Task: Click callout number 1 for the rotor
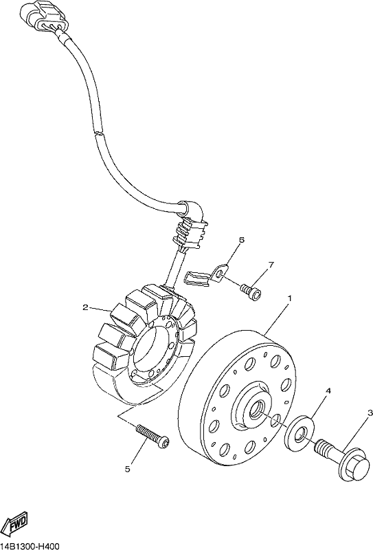290,298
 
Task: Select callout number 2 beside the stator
85,307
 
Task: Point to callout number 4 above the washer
328,390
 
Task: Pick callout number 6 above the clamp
241,240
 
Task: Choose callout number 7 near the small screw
271,265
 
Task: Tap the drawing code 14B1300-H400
29,546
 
